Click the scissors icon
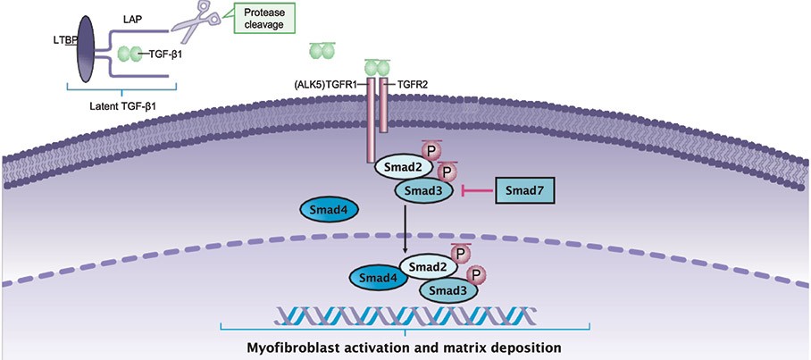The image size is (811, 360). (x=197, y=21)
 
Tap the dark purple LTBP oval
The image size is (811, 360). (x=87, y=48)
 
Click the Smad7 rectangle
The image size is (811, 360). (x=524, y=191)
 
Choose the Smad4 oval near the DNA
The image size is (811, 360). (x=378, y=279)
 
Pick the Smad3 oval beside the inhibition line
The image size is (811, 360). (x=423, y=190)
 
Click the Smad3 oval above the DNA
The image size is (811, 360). (x=448, y=289)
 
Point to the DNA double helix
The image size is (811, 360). (x=405, y=315)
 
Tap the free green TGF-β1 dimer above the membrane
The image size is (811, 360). (x=322, y=51)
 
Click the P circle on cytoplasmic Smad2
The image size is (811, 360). (x=431, y=150)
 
